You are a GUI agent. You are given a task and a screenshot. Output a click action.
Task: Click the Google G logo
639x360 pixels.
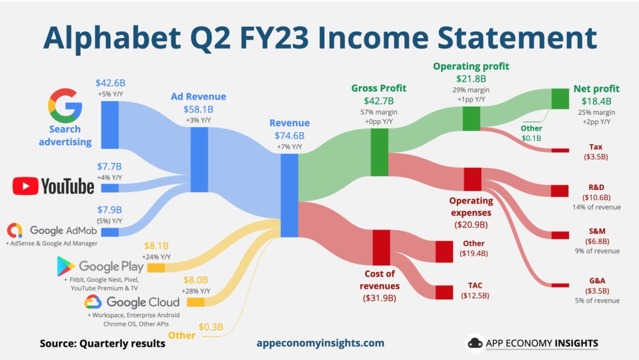(x=65, y=105)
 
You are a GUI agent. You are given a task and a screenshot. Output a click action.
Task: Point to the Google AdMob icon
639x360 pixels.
(x=15, y=231)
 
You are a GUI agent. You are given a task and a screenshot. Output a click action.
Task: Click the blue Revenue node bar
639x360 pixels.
(x=289, y=195)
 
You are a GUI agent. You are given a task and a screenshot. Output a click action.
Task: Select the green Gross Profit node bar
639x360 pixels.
(x=379, y=153)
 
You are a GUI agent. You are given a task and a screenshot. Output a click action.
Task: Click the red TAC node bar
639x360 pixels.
(x=444, y=292)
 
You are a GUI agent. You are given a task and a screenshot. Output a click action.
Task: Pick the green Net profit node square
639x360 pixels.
(x=560, y=99)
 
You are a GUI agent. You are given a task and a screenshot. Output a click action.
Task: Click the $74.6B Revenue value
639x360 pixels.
(x=289, y=135)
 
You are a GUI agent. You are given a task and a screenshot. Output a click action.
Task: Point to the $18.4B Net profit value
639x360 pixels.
(x=596, y=101)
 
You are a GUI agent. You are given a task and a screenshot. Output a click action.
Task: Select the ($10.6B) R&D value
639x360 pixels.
(x=596, y=197)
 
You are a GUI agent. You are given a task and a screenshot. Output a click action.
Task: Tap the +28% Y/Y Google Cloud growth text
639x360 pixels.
(x=196, y=291)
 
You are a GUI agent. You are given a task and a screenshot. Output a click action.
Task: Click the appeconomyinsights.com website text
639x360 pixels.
(x=319, y=343)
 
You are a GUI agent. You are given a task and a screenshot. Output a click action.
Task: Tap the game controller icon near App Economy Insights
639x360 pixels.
(x=475, y=343)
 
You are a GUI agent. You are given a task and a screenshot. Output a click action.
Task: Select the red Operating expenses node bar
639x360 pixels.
(x=472, y=179)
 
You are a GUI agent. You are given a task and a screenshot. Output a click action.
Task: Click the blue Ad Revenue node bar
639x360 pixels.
(x=199, y=159)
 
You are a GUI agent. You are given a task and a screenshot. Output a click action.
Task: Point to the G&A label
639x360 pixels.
(x=596, y=280)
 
